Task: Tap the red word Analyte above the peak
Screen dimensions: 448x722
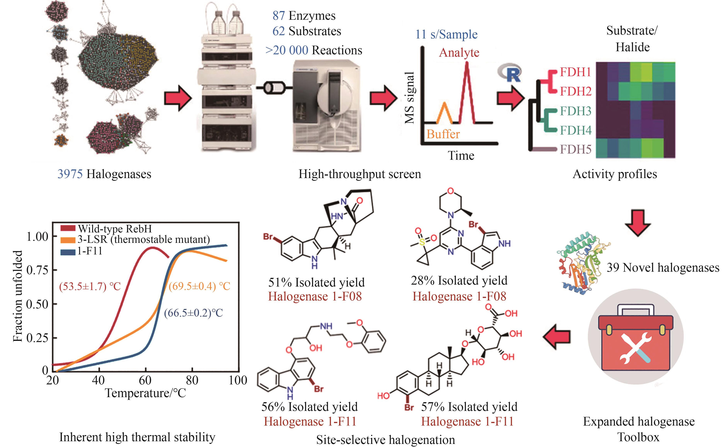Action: (459, 53)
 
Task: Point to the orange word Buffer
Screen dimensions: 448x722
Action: (443, 134)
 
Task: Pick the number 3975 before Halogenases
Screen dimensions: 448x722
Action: (70, 174)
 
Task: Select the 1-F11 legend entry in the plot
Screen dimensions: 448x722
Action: (89, 251)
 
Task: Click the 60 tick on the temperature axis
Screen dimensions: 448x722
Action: (145, 380)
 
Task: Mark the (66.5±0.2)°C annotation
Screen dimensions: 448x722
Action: (193, 313)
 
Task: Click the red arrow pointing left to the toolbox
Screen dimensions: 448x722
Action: (557, 337)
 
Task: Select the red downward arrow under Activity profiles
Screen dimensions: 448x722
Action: (637, 222)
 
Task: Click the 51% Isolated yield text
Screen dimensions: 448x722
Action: (316, 282)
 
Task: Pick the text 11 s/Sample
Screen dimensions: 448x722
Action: (446, 34)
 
